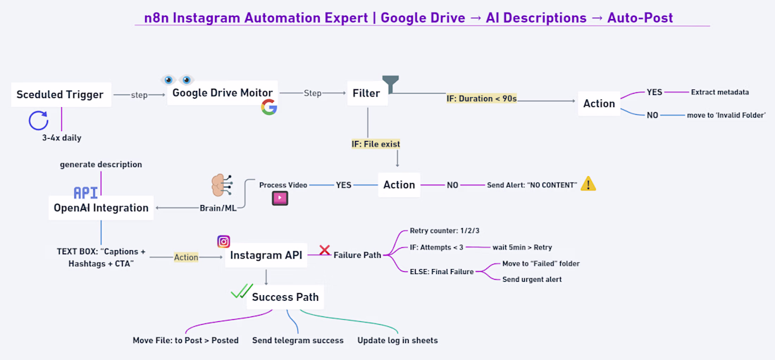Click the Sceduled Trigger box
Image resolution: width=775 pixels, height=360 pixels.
click(60, 94)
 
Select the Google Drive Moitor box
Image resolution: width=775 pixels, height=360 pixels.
click(223, 93)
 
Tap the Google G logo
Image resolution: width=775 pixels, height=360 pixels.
click(268, 107)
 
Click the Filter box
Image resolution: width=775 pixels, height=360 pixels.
click(366, 93)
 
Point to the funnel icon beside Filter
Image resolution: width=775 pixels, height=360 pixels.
click(390, 84)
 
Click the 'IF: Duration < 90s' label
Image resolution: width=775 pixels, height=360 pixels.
click(482, 99)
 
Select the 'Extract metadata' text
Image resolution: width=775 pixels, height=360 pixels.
click(719, 92)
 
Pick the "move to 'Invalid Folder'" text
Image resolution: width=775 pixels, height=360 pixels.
click(726, 115)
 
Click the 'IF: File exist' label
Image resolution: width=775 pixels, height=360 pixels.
click(376, 144)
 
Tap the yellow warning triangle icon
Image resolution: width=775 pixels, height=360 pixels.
click(588, 184)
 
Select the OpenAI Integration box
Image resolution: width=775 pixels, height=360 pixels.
click(101, 208)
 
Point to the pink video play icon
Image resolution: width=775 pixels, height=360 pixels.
click(280, 199)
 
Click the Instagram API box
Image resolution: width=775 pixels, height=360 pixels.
click(266, 256)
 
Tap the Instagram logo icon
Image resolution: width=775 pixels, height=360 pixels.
click(223, 242)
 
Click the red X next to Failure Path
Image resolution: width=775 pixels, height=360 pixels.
click(325, 250)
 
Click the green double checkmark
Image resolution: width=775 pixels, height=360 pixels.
click(242, 291)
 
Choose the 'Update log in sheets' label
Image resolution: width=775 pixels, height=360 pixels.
click(397, 340)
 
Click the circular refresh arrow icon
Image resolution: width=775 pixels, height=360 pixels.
click(38, 121)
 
